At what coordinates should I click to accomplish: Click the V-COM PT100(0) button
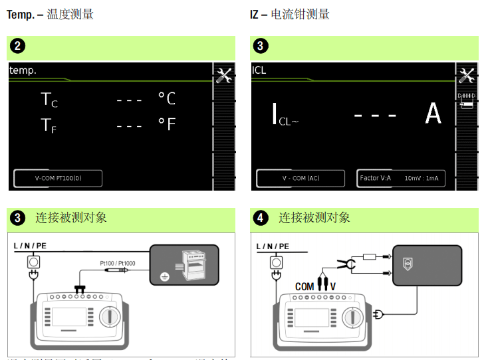(58, 178)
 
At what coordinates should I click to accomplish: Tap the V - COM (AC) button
(301, 178)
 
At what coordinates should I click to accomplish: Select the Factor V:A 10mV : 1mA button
(400, 178)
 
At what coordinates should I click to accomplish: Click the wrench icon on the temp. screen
(224, 75)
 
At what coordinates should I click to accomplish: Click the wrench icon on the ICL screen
(467, 75)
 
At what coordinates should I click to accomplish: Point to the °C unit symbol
(166, 98)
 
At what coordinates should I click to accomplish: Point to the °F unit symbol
(166, 125)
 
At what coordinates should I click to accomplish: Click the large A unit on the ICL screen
(433, 114)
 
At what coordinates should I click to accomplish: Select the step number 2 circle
(19, 46)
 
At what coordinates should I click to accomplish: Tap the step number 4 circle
(261, 217)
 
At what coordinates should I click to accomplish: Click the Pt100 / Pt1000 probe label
(117, 264)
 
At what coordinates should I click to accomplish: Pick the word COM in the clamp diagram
(304, 286)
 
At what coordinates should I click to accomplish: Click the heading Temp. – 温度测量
(50, 14)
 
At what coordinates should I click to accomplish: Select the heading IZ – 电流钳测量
(290, 14)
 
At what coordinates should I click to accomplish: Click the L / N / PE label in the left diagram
(30, 246)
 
